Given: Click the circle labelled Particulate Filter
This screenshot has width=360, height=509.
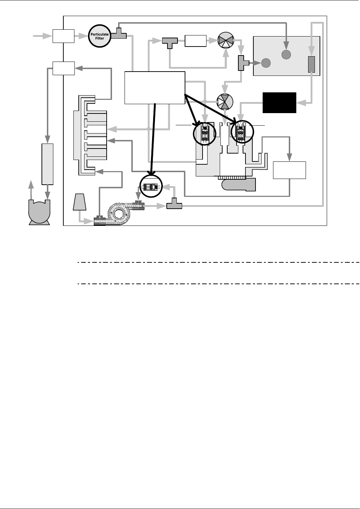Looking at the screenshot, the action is click(x=99, y=36).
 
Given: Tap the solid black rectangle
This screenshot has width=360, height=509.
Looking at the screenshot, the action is click(x=279, y=103).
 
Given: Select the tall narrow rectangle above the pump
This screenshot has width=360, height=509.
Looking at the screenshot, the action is click(x=48, y=164).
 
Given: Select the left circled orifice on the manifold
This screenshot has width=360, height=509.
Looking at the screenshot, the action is click(x=205, y=134).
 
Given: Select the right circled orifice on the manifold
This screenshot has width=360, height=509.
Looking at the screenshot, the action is click(x=242, y=132).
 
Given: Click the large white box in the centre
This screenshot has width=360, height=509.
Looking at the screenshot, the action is click(x=155, y=87).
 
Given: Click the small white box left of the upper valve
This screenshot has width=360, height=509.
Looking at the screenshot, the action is click(x=195, y=41).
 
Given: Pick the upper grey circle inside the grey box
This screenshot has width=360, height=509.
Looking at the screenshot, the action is click(x=286, y=54).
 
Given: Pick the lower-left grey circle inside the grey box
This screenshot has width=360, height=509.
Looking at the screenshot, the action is click(x=266, y=63).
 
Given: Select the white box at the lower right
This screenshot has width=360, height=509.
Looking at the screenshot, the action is click(x=289, y=170).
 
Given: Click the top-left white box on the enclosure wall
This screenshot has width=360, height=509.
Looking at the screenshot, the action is click(x=63, y=36).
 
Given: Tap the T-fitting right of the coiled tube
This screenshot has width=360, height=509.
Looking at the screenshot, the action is click(x=174, y=205).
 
